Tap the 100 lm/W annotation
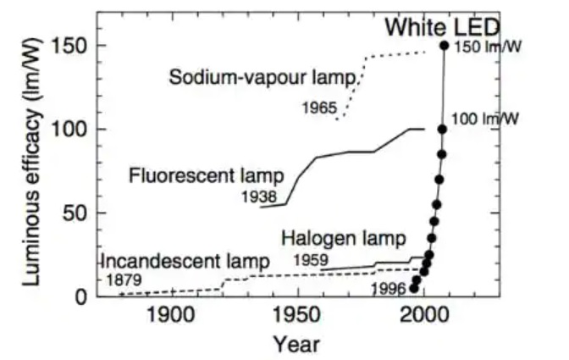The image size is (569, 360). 485,118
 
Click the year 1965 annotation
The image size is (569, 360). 318,108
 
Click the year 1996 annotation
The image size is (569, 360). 389,288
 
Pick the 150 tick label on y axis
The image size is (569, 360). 69,46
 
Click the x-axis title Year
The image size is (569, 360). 296,344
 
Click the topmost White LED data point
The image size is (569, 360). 445,45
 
